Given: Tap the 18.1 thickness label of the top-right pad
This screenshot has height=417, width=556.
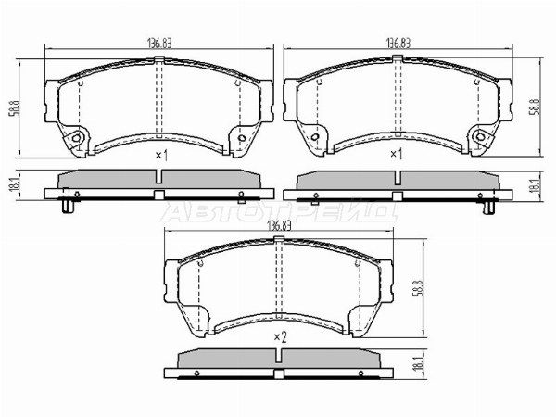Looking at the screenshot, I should point(537,185).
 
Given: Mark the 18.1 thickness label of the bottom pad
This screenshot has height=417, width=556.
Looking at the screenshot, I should point(419,365).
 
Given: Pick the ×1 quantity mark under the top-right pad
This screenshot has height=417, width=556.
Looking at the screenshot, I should point(396,155).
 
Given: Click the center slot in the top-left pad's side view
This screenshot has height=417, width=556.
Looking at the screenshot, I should point(160,194).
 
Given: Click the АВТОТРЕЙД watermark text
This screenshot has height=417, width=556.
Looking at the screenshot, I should point(278,211).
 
